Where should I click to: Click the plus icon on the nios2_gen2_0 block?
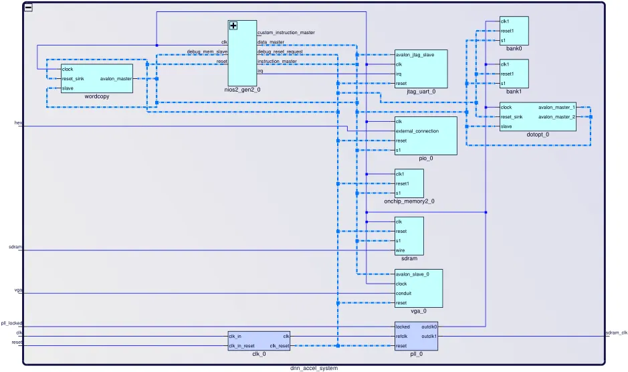pyautogui.click(x=233, y=25)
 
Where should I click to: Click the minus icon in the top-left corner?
pyautogui.click(x=28, y=7)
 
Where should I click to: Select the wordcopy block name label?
pyautogui.click(x=97, y=96)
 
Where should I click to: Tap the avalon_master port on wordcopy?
pyautogui.click(x=116, y=78)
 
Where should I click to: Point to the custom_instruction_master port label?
pyautogui.click(x=286, y=32)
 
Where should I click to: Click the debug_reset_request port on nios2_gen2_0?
pyautogui.click(x=280, y=52)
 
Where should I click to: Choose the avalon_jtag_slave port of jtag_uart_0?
pyautogui.click(x=415, y=55)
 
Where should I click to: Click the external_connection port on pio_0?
pyautogui.click(x=417, y=131)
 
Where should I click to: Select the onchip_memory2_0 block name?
pyautogui.click(x=409, y=201)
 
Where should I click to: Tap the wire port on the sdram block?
pyautogui.click(x=401, y=250)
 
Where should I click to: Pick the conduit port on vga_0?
pyautogui.click(x=403, y=293)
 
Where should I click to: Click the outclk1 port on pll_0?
pyautogui.click(x=429, y=336)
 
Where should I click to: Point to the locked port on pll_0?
pyautogui.click(x=403, y=327)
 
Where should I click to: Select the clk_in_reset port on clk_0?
pyautogui.click(x=241, y=346)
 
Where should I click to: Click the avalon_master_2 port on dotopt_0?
pyautogui.click(x=556, y=117)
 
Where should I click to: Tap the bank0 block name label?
pyautogui.click(x=514, y=48)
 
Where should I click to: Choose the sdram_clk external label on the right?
pyautogui.click(x=616, y=333)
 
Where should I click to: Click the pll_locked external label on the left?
pyautogui.click(x=11, y=323)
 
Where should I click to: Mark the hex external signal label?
pyautogui.click(x=18, y=123)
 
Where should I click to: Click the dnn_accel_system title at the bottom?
pyautogui.click(x=314, y=368)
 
